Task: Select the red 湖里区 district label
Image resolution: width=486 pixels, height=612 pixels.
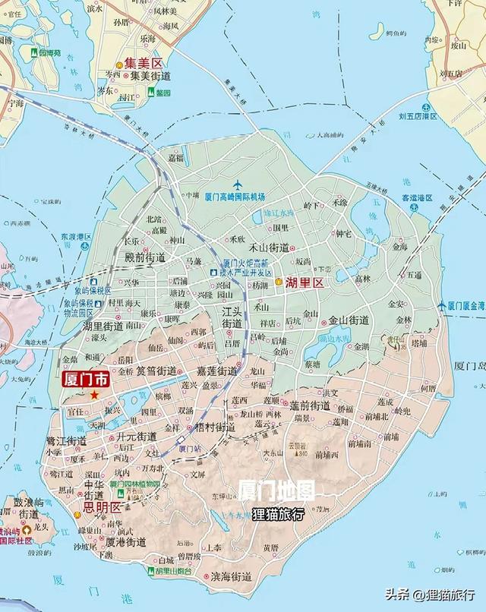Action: (305, 282)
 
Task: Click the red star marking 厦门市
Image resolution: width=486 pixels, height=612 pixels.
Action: (94, 395)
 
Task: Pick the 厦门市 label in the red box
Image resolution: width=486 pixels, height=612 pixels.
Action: (86, 379)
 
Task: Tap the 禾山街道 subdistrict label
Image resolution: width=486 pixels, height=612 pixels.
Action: (269, 248)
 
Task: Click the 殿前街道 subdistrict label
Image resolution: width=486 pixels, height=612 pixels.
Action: (145, 258)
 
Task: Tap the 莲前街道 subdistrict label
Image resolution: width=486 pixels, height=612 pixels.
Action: (310, 405)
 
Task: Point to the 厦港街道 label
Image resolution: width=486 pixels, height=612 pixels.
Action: (126, 542)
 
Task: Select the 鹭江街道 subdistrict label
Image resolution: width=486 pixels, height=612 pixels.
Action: (67, 440)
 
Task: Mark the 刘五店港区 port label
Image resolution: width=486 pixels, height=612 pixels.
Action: (418, 116)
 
